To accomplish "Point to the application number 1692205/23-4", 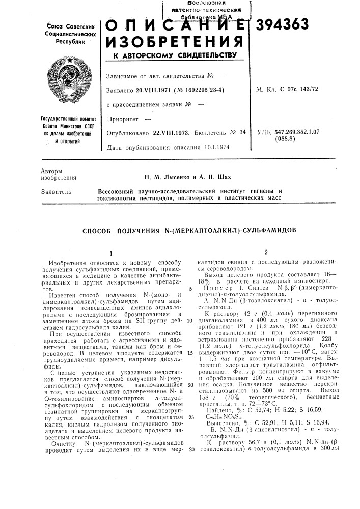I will pos(202,90).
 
